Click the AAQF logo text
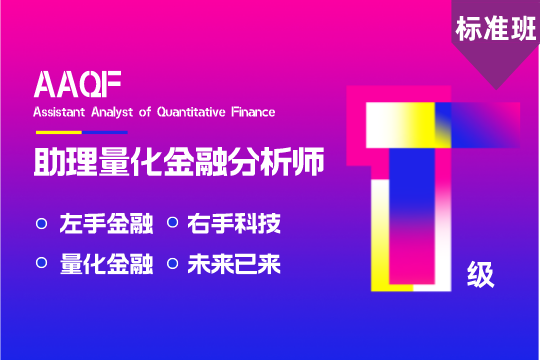(x=77, y=84)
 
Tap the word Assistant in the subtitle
(x=59, y=112)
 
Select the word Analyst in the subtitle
(x=112, y=113)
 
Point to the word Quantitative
(x=191, y=112)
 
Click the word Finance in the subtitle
(x=253, y=112)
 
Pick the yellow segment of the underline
(x=59, y=132)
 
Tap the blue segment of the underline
(x=105, y=132)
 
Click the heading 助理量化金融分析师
(x=179, y=162)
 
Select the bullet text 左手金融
(x=106, y=224)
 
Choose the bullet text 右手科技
(x=234, y=224)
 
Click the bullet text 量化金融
(x=106, y=264)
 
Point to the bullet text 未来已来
(x=234, y=264)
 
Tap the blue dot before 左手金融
(x=42, y=224)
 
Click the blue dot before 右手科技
(x=173, y=223)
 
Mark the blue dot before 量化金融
(x=42, y=263)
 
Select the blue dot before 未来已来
(x=173, y=264)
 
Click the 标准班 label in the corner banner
(x=496, y=29)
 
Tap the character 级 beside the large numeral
(x=481, y=274)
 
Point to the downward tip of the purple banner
(x=496, y=90)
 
